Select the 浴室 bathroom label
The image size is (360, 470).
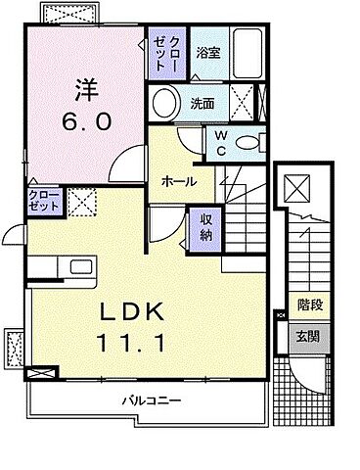tap(206, 52)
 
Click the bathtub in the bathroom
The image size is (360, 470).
tap(246, 55)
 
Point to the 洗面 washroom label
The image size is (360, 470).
tap(203, 101)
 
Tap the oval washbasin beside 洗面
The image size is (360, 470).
tap(165, 103)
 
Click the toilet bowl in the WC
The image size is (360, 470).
tap(249, 141)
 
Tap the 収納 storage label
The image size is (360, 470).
tap(207, 227)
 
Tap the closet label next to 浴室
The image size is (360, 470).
tap(160, 53)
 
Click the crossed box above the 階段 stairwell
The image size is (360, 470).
tap(296, 188)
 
